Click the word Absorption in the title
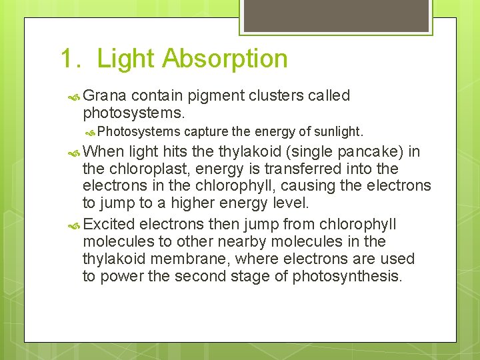(x=225, y=59)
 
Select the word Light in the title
(x=126, y=59)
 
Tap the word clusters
(x=277, y=96)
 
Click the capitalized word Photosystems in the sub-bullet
(x=142, y=131)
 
